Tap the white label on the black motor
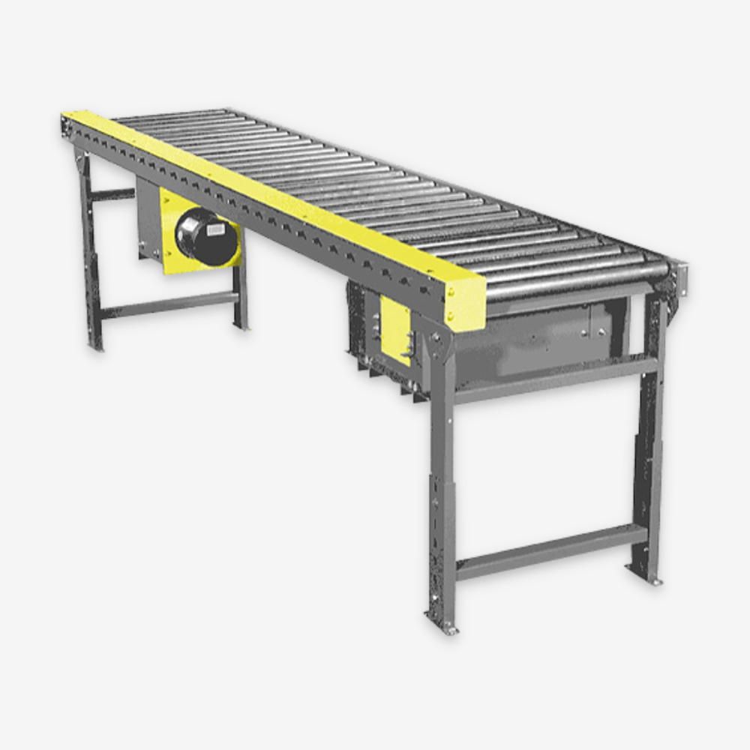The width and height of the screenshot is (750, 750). [x=215, y=229]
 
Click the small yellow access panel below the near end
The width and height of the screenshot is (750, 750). [x=395, y=330]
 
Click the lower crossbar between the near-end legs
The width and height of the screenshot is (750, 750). [x=551, y=553]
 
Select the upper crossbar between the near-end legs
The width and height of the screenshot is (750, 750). [x=555, y=378]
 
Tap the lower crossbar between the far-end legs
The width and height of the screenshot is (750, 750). [x=169, y=303]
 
